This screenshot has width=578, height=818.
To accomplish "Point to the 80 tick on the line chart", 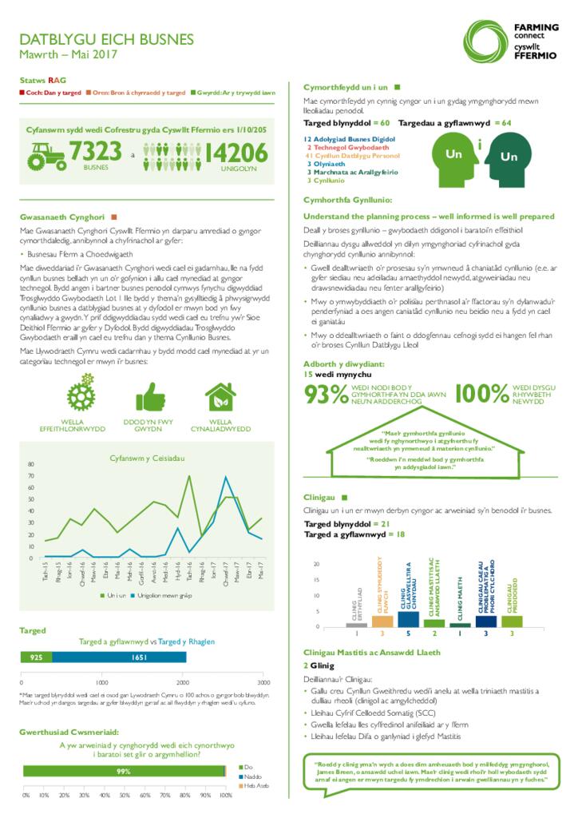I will click(32, 464).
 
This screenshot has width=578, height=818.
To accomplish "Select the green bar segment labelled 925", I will click(37, 657).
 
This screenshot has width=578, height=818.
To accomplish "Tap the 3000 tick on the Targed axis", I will click(263, 683).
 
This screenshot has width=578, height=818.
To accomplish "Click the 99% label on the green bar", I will click(124, 771).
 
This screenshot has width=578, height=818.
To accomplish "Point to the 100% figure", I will click(483, 394).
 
